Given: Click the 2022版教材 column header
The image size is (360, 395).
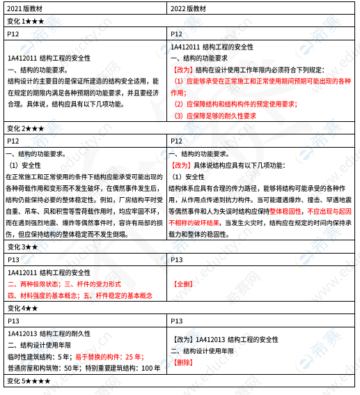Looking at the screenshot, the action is point(190,9).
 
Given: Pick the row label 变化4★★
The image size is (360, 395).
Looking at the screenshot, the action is point(23,308).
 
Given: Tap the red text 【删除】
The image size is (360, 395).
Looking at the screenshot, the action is point(184,362).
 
